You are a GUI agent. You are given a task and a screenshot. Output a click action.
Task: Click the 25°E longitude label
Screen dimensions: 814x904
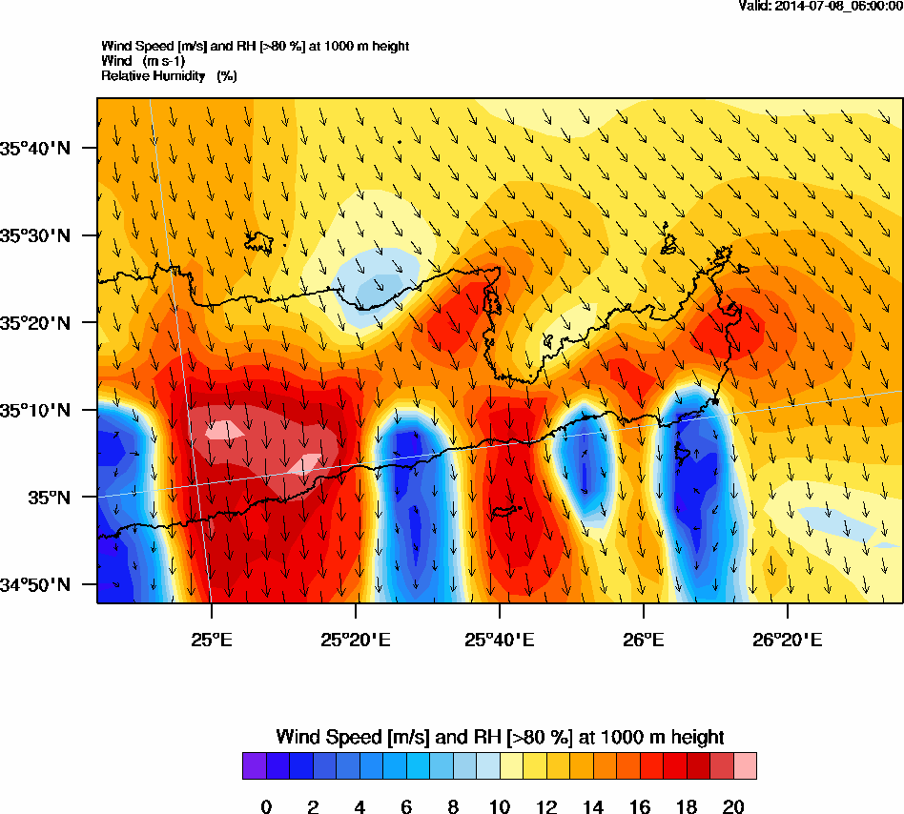click(x=211, y=640)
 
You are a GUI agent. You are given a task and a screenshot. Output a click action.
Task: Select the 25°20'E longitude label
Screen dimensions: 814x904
click(x=355, y=640)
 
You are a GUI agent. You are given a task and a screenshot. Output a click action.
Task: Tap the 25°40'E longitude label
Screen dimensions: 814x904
click(x=500, y=640)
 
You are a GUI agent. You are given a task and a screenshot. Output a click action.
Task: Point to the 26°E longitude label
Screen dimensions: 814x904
click(x=644, y=640)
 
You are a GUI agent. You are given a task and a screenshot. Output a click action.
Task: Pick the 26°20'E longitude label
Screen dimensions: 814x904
click(x=788, y=640)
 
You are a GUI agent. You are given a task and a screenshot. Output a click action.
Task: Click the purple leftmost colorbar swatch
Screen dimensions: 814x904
click(x=254, y=766)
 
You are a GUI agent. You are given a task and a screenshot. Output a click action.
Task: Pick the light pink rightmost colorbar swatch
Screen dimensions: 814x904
click(x=745, y=766)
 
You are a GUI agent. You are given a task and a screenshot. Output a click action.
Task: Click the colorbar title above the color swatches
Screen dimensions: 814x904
click(x=500, y=737)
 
